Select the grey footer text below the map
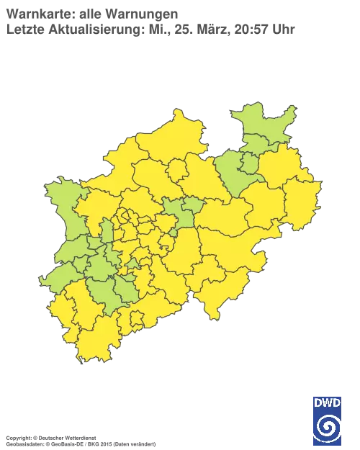click(79, 437)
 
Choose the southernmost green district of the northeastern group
click(234, 176)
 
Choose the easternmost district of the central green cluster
click(191, 212)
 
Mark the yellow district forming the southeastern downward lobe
click(216, 295)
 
